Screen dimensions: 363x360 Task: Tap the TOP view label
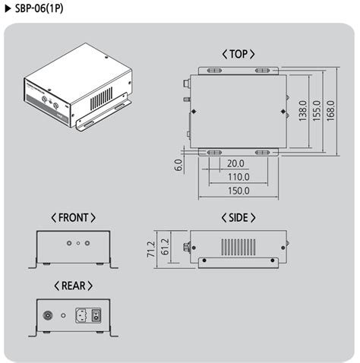tap(238, 54)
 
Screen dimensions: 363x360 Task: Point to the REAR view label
tap(73, 286)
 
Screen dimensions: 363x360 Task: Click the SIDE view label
tap(238, 217)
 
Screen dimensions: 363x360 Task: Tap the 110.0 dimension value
tap(238, 177)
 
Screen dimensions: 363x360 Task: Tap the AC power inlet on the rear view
tap(81, 314)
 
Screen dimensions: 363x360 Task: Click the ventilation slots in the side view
tap(237, 246)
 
